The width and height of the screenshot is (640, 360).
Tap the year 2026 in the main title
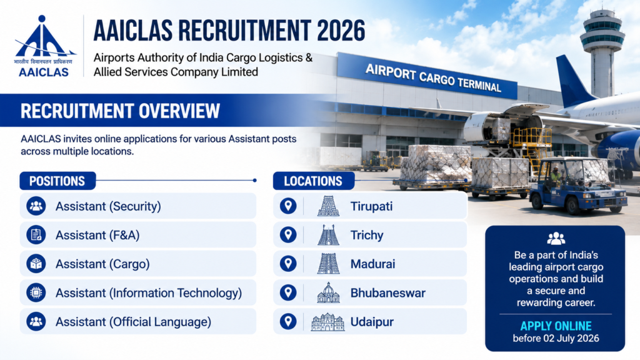tap(341, 30)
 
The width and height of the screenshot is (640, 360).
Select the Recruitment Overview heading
tap(120, 111)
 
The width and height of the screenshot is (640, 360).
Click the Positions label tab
tap(57, 181)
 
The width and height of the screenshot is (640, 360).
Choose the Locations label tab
tap(314, 181)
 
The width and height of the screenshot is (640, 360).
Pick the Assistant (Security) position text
tap(108, 206)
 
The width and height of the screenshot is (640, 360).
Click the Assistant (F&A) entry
tap(97, 235)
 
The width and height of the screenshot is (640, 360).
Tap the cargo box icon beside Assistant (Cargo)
tap(36, 264)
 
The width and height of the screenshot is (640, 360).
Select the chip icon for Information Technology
tap(36, 292)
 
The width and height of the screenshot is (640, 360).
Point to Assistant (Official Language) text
tap(134, 322)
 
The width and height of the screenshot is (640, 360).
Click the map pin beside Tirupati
tap(288, 206)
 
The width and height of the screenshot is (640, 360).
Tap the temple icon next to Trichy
tap(329, 235)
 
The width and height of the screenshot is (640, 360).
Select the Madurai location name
tap(372, 264)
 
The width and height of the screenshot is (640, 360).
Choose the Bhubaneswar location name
tap(387, 293)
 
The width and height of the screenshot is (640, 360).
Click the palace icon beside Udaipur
tap(327, 322)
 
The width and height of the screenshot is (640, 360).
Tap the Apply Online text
tap(556, 326)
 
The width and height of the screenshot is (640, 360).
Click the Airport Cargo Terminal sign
tap(432, 77)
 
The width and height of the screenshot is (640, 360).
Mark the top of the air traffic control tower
tap(602, 11)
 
